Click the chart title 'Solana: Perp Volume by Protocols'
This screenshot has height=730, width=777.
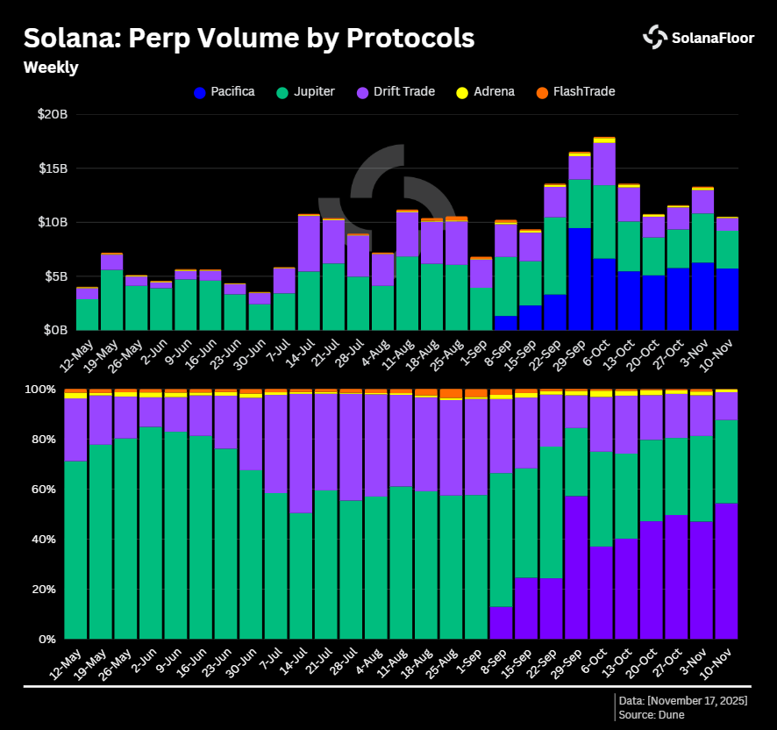coord(248,39)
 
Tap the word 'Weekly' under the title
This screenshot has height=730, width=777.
coord(50,68)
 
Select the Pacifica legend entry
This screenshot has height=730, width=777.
coord(224,91)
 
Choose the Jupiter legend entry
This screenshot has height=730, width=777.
coord(304,91)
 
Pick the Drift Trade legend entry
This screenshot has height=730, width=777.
coord(395,91)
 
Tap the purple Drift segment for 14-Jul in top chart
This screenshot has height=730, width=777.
coord(309,243)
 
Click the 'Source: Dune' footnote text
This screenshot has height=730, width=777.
coord(652,715)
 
